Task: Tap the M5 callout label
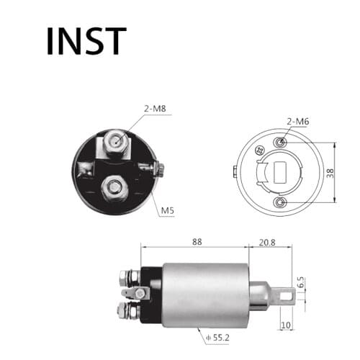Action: [x=167, y=210]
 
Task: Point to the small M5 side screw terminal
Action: [x=159, y=170]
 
